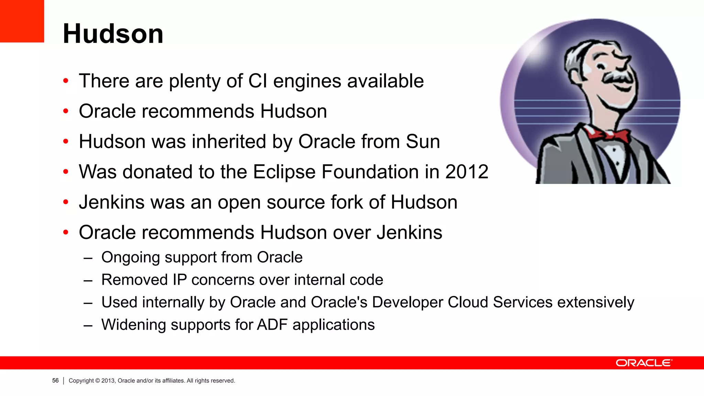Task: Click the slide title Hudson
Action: (113, 34)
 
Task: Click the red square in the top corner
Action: (22, 21)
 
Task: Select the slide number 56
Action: (55, 381)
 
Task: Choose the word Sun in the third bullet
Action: (422, 141)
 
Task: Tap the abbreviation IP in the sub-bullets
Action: (179, 280)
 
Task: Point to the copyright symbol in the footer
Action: (98, 381)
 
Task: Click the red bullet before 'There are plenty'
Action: (66, 81)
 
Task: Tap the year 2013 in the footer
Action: (108, 381)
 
